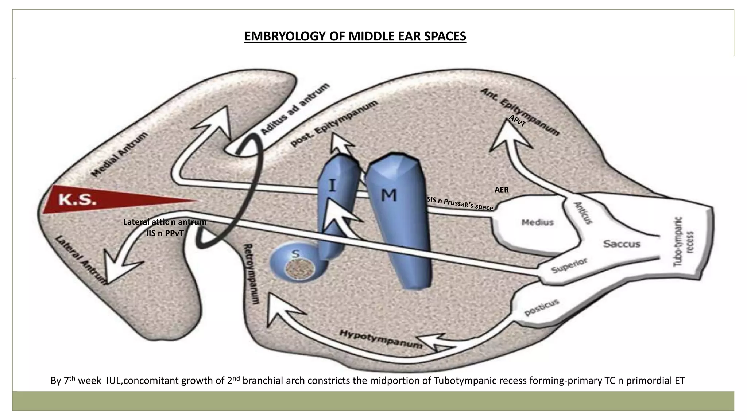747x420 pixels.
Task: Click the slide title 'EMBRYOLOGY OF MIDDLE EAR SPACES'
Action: coord(355,36)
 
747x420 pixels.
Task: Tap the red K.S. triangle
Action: coord(95,200)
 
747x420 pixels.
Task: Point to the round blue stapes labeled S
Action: coord(297,264)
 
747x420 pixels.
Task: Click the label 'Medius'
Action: coord(537,222)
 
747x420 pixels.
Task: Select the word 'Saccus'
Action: coord(622,244)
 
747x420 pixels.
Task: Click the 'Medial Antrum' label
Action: coord(119,155)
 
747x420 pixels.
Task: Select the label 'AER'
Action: coord(501,190)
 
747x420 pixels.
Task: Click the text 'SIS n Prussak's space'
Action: coord(460,203)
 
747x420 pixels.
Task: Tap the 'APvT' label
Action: coord(517,121)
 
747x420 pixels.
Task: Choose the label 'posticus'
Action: coord(542,307)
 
